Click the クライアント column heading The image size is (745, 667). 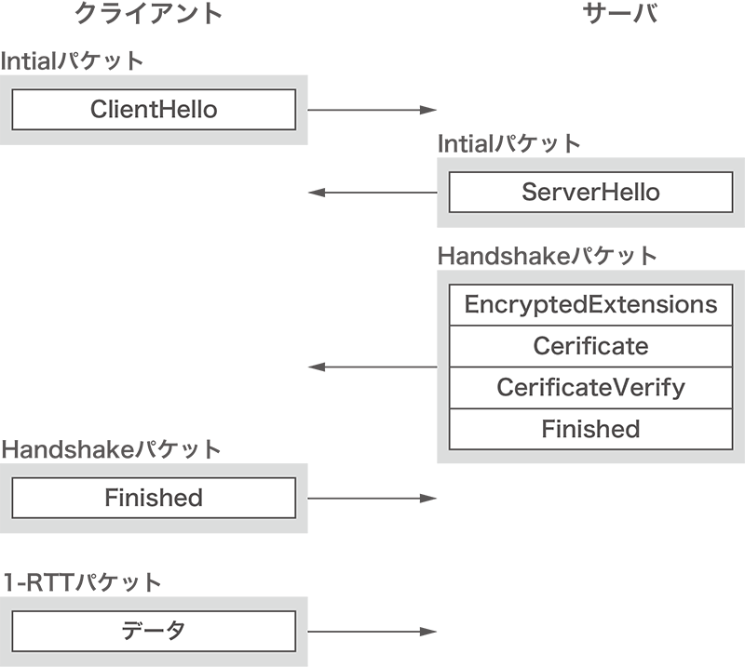(148, 14)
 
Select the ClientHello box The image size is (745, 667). (154, 110)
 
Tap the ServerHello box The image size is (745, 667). (590, 193)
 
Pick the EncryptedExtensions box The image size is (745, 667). (590, 305)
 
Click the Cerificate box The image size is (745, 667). (590, 346)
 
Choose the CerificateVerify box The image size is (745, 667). (590, 387)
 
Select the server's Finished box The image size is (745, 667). (590, 429)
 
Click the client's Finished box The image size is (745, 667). (154, 498)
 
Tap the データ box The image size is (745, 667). (154, 631)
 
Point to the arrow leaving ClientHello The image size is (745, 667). (372, 110)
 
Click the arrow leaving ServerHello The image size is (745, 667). (372, 193)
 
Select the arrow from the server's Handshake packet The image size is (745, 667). (372, 367)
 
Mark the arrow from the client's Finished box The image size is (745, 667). (372, 498)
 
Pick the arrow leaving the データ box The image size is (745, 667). (372, 631)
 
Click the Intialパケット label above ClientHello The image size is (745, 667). (73, 61)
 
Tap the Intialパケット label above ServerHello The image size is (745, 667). (509, 143)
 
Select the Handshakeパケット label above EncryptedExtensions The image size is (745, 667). (548, 256)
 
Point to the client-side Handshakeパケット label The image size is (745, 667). (112, 449)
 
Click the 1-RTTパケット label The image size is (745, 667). (82, 582)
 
